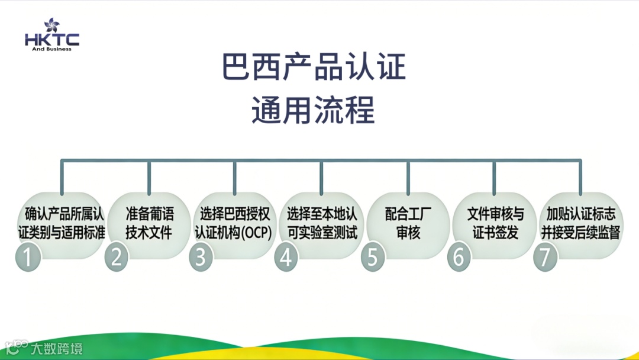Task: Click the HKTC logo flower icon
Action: [x=51, y=25]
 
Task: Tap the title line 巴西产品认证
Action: [x=314, y=67]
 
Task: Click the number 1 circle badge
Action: [x=28, y=258]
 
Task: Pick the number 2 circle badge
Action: [x=117, y=258]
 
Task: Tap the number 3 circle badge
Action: [x=201, y=258]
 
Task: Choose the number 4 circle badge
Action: [x=286, y=258]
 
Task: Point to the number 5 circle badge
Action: [x=373, y=258]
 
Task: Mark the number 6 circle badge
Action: [x=459, y=258]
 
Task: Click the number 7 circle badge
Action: [x=545, y=258]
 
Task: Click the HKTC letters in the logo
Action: [x=52, y=40]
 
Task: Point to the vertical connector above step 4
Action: [x=321, y=176]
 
